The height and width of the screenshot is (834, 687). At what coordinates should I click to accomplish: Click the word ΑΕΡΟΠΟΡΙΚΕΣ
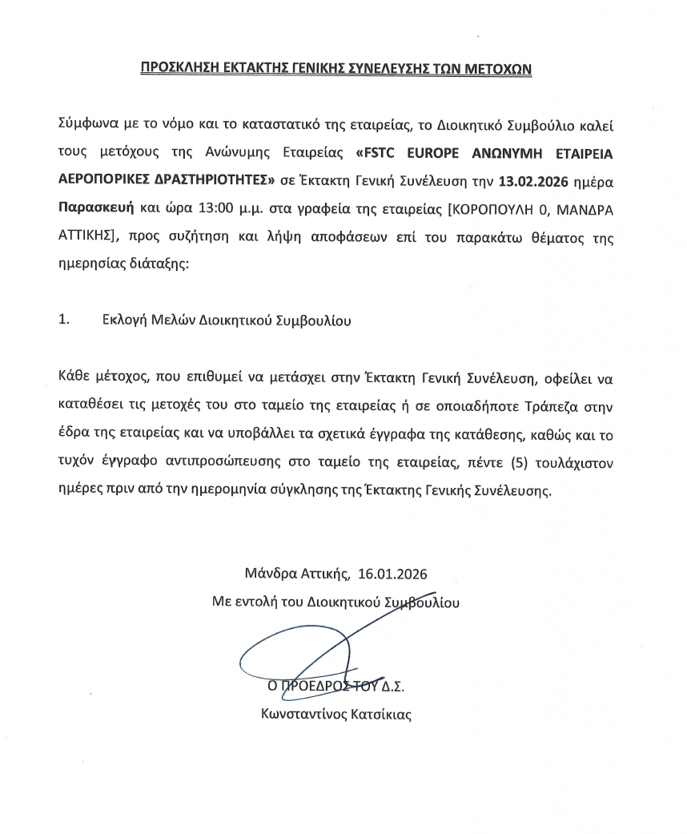[x=106, y=181]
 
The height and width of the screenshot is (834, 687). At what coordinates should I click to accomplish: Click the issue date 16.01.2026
[x=392, y=574]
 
